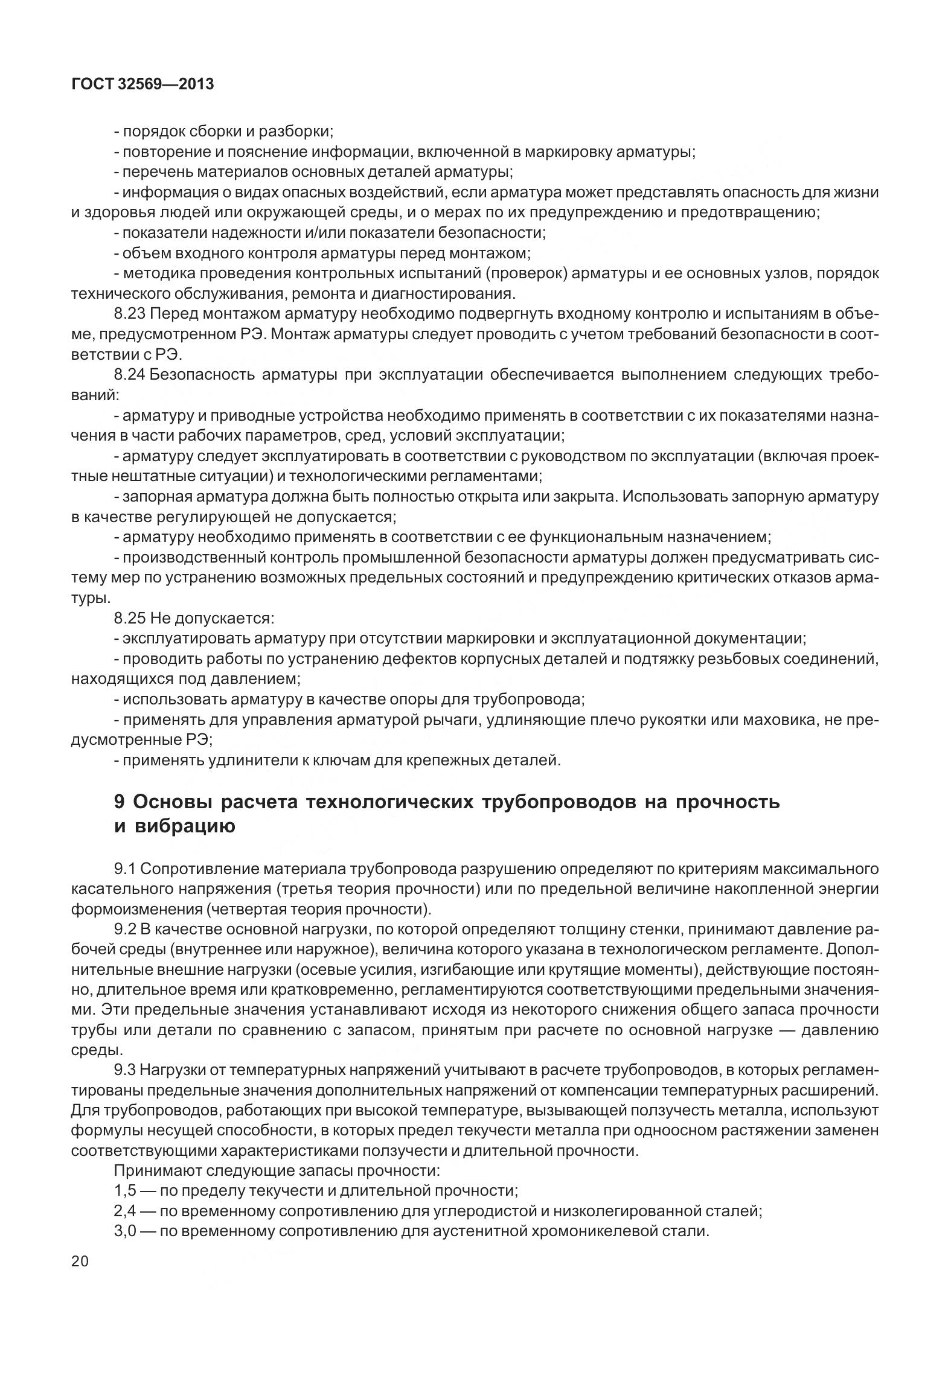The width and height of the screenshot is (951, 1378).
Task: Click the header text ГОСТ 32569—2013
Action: click(x=142, y=85)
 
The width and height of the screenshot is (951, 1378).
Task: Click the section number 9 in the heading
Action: click(x=119, y=802)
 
